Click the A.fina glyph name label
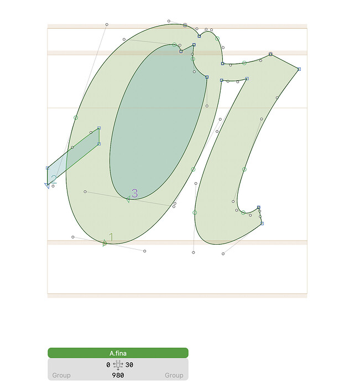point(118,353)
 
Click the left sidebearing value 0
point(108,365)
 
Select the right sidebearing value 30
point(129,365)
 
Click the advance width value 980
point(118,375)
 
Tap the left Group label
point(61,375)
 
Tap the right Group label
point(174,375)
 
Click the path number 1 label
point(111,237)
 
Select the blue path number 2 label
point(54,179)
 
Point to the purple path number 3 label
point(134,193)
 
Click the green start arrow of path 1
point(105,243)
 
